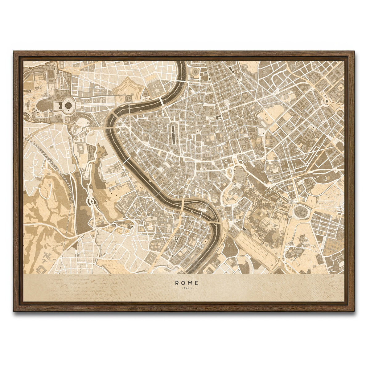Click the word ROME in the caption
tap(187, 282)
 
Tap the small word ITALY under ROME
tap(187, 288)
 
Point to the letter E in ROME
tap(197, 282)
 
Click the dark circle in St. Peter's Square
tap(68, 105)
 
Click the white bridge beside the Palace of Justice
tap(162, 102)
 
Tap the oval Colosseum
tap(299, 212)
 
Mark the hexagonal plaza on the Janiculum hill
tap(91, 202)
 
